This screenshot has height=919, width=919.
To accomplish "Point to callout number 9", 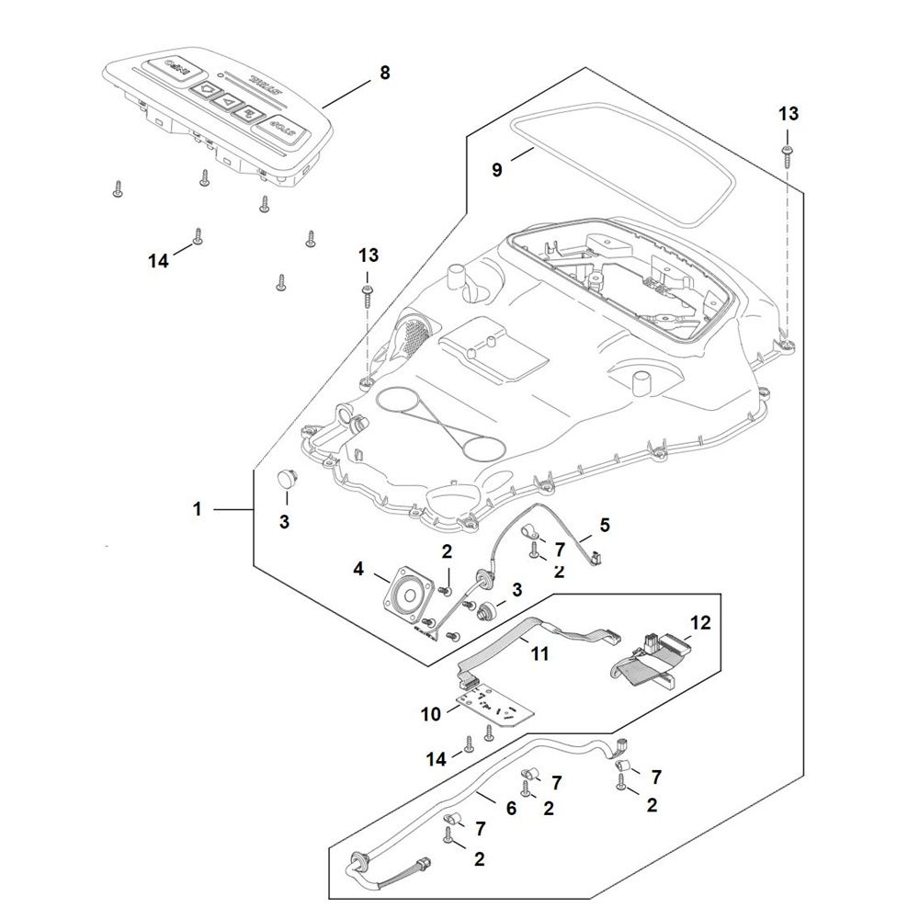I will click(497, 170).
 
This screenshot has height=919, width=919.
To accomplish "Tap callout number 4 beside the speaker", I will click(358, 571).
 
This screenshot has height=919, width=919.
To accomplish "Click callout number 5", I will click(604, 526).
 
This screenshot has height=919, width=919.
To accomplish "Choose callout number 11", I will click(539, 653).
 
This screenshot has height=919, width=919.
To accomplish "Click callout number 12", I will click(700, 623).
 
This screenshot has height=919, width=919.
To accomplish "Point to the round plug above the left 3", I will click(286, 478).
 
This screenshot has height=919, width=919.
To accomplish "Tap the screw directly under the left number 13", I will click(368, 293).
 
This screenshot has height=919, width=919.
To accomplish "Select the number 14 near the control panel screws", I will click(158, 261).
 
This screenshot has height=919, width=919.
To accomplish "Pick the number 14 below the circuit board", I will click(436, 758).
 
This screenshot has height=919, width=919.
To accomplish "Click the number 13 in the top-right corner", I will click(789, 114).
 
